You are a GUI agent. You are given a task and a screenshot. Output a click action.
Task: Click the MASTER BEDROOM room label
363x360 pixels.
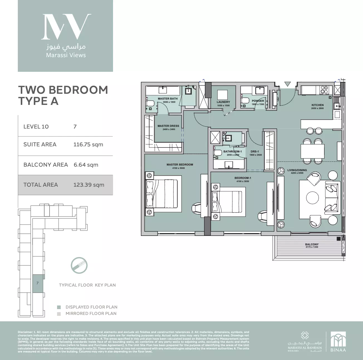pyautogui.click(x=180, y=164)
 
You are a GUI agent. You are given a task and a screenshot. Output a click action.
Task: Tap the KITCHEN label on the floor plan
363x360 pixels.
pyautogui.click(x=317, y=105)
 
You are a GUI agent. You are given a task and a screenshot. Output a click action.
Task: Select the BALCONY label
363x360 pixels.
pyautogui.click(x=312, y=244)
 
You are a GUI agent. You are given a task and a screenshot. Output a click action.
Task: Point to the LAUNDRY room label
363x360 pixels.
pyautogui.click(x=223, y=102)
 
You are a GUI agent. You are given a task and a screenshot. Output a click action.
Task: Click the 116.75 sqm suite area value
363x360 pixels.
pyautogui.click(x=88, y=144)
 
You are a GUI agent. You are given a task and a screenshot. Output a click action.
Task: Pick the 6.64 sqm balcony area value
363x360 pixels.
pyautogui.click(x=86, y=165)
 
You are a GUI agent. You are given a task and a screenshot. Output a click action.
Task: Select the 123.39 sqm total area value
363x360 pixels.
pyautogui.click(x=89, y=185)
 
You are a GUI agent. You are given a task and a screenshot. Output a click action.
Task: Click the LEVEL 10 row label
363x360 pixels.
pyautogui.click(x=36, y=127)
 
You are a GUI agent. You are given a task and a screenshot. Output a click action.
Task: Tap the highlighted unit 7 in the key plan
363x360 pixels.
pyautogui.click(x=38, y=283)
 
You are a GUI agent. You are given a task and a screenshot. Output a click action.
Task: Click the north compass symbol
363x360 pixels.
pyautogui.click(x=79, y=265)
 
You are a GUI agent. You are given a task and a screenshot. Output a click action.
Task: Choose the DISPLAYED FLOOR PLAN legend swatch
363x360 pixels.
pyautogui.click(x=59, y=307)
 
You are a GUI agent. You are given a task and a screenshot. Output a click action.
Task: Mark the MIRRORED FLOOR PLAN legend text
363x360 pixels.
pyautogui.click(x=91, y=314)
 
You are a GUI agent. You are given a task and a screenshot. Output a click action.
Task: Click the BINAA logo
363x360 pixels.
pyautogui.click(x=338, y=341)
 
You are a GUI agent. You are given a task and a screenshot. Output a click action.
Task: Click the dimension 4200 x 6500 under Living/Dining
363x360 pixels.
pyautogui.click(x=297, y=173)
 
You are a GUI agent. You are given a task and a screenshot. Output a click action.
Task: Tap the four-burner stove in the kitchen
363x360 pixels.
pyautogui.click(x=325, y=90)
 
